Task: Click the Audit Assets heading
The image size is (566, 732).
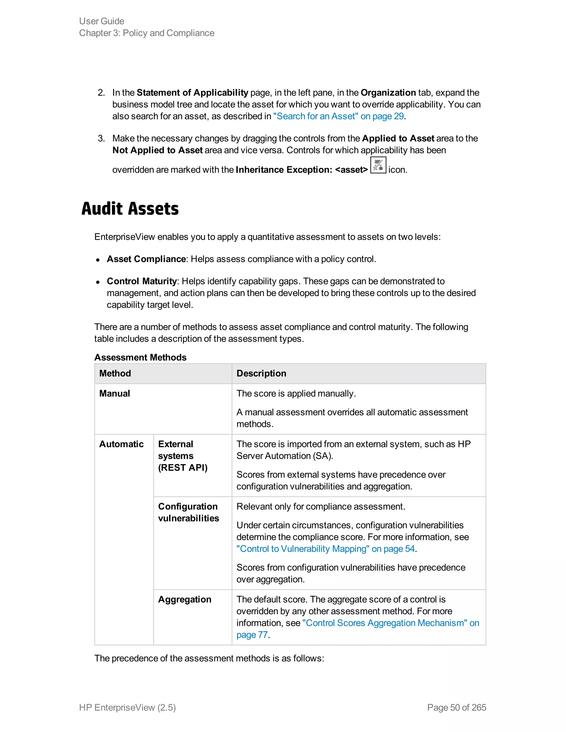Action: [130, 209]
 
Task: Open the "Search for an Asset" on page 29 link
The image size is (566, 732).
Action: [338, 116]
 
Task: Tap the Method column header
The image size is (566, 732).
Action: [115, 373]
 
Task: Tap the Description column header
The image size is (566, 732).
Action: [261, 373]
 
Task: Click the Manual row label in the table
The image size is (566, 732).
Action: [115, 393]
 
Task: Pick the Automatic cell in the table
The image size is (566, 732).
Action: [121, 444]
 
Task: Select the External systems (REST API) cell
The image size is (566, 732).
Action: [182, 456]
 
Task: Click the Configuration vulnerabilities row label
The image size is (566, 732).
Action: [188, 512]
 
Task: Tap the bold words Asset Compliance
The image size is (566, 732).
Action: [146, 259]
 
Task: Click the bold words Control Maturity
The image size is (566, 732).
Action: [141, 281]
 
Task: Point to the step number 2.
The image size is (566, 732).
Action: [101, 93]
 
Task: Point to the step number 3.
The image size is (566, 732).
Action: [101, 138]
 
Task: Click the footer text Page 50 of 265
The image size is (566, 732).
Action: [456, 707]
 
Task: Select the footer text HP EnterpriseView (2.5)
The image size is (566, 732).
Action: [127, 707]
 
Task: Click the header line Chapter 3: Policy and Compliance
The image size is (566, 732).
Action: [146, 33]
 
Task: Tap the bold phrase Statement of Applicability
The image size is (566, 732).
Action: [192, 93]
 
